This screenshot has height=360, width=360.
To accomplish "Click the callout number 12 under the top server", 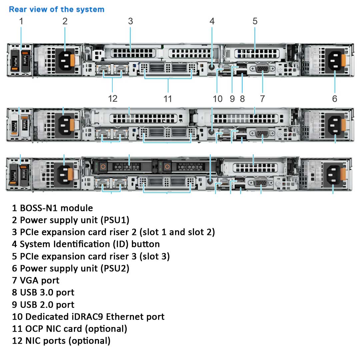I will (113, 99).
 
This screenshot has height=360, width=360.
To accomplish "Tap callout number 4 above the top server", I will (212, 21).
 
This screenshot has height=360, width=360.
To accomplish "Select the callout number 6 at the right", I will (334, 99).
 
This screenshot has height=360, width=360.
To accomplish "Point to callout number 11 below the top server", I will (168, 99).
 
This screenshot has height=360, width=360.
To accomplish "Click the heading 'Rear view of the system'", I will (56, 9).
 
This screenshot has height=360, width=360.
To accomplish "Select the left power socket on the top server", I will (65, 61).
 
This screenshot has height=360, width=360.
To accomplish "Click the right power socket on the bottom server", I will (333, 174).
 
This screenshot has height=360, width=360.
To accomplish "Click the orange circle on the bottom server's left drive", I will (103, 166).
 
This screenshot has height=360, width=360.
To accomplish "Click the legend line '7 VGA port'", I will (36, 280).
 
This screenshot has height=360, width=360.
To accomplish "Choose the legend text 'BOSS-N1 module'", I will (56, 208).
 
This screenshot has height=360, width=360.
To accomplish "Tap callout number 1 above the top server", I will (21, 21).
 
